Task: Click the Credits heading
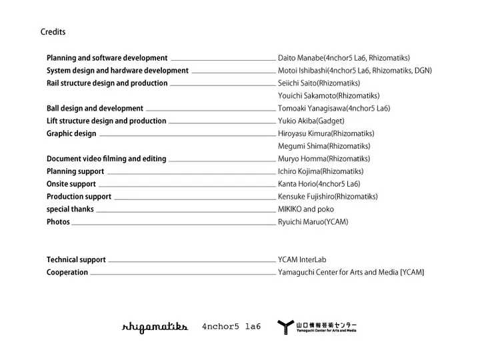(x=53, y=32)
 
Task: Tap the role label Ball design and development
(x=95, y=108)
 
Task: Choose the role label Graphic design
(x=71, y=133)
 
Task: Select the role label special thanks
(x=70, y=209)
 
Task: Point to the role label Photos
(x=58, y=222)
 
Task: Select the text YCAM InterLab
(x=302, y=260)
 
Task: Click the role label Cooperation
(x=67, y=273)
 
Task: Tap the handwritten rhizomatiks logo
(x=155, y=327)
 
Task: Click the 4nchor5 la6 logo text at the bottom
(x=231, y=327)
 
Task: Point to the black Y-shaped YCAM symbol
(x=285, y=327)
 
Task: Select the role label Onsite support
(x=71, y=184)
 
